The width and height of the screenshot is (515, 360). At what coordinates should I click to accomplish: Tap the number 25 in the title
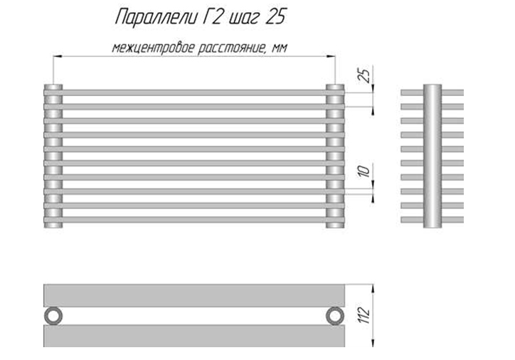click(275, 17)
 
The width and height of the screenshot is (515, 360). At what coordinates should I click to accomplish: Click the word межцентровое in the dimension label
click(154, 48)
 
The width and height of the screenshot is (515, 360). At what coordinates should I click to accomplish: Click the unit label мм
click(280, 48)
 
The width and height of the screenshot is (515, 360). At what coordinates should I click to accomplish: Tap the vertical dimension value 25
click(364, 75)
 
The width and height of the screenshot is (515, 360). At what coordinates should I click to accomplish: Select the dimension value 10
click(364, 171)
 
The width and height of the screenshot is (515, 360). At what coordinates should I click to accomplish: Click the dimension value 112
click(364, 316)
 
